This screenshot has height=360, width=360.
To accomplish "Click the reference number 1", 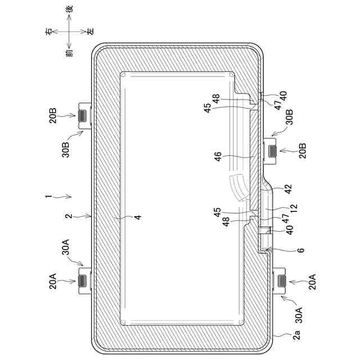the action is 48,196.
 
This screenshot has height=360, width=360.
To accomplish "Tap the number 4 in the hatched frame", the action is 138,217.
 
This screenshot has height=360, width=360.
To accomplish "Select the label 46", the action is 218,156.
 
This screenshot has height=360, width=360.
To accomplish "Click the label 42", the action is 288,189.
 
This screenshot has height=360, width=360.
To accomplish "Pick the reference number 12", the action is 294,209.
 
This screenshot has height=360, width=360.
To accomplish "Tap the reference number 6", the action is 301,250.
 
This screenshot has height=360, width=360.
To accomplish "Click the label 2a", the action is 296,335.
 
